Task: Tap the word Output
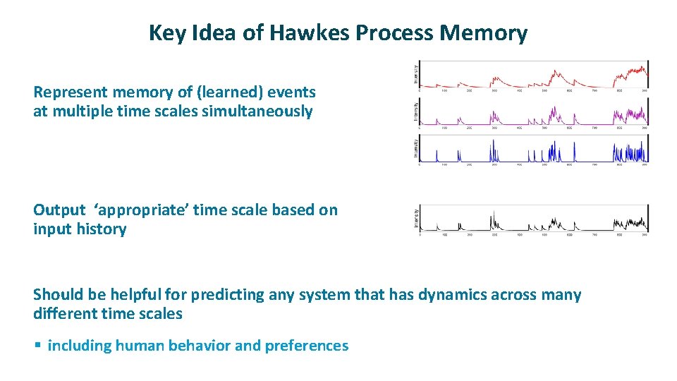pyautogui.click(x=59, y=210)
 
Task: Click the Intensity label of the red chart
pyautogui.click(x=415, y=73)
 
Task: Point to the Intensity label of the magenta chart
pyautogui.click(x=415, y=111)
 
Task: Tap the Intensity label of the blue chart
pyautogui.click(x=415, y=148)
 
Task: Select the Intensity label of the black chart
pyautogui.click(x=415, y=219)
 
